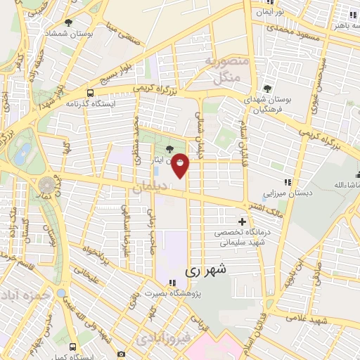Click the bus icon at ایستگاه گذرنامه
[89, 93]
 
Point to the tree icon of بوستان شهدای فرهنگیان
[268, 88]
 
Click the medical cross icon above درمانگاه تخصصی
[243, 221]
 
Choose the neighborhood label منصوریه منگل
[226, 69]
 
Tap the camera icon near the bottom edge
[121, 354]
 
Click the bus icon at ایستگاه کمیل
[72, 347]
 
